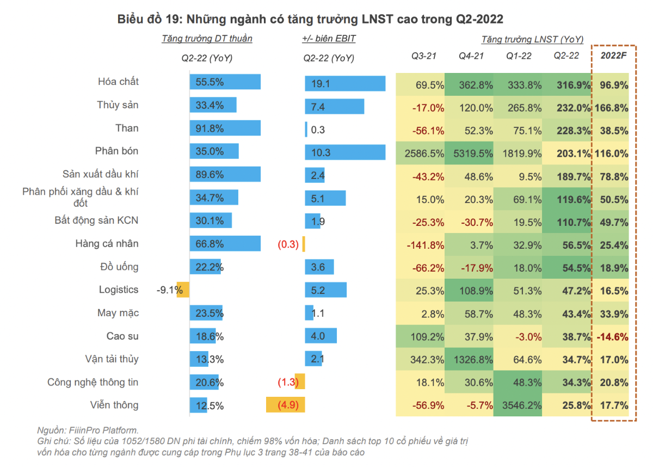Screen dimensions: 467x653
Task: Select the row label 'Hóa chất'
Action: pos(118,82)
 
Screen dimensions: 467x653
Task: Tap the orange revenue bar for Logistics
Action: pos(183,290)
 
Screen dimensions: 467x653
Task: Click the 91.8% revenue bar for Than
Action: pos(225,128)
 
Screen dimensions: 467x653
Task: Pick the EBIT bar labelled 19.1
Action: pos(345,84)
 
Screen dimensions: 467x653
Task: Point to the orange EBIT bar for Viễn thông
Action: pos(285,405)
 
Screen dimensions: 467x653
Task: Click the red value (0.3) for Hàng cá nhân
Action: pos(288,244)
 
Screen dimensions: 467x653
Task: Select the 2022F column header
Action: pos(614,56)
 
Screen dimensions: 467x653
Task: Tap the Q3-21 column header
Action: pos(424,56)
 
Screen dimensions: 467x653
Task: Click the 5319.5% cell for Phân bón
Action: pos(469,153)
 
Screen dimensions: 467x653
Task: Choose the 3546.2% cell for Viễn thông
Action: pos(518,405)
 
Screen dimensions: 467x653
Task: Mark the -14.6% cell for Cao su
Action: pos(614,336)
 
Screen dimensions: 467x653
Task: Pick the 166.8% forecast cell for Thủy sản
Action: pos(614,108)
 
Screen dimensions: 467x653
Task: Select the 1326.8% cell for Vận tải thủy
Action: pos(469,359)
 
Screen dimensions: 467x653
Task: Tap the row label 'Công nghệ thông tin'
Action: pos(93,383)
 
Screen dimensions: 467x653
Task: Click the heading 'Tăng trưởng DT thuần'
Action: pos(207,39)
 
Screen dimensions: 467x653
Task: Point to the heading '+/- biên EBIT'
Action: pos(329,39)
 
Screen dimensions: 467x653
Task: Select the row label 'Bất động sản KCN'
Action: pos(96,220)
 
